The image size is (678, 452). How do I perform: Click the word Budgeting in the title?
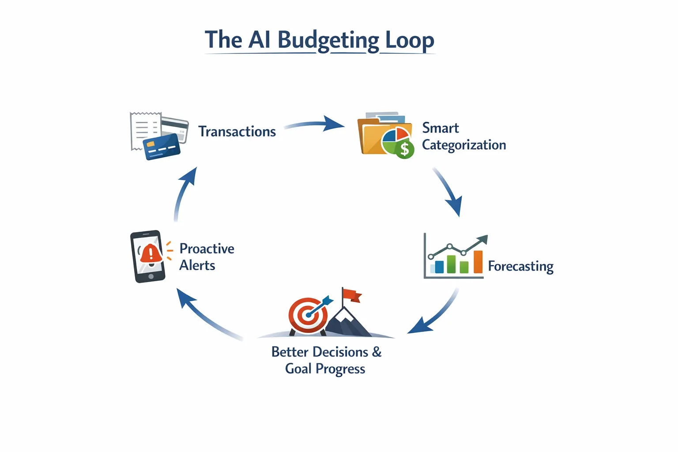[x=328, y=41]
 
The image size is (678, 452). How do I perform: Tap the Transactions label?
[x=237, y=132]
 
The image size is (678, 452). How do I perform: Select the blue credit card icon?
[x=162, y=146]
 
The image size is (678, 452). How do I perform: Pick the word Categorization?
[x=464, y=145]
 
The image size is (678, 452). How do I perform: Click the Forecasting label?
[x=520, y=267]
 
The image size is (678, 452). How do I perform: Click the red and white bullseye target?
[x=308, y=315]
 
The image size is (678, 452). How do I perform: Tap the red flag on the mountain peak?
[x=352, y=295]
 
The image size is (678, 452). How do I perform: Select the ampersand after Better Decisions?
[x=377, y=352]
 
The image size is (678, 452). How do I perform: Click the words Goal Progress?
[x=325, y=369]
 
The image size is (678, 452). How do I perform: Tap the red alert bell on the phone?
[x=151, y=253]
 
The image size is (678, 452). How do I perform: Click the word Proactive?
[x=207, y=249]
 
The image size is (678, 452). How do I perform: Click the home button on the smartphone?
[x=151, y=276]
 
